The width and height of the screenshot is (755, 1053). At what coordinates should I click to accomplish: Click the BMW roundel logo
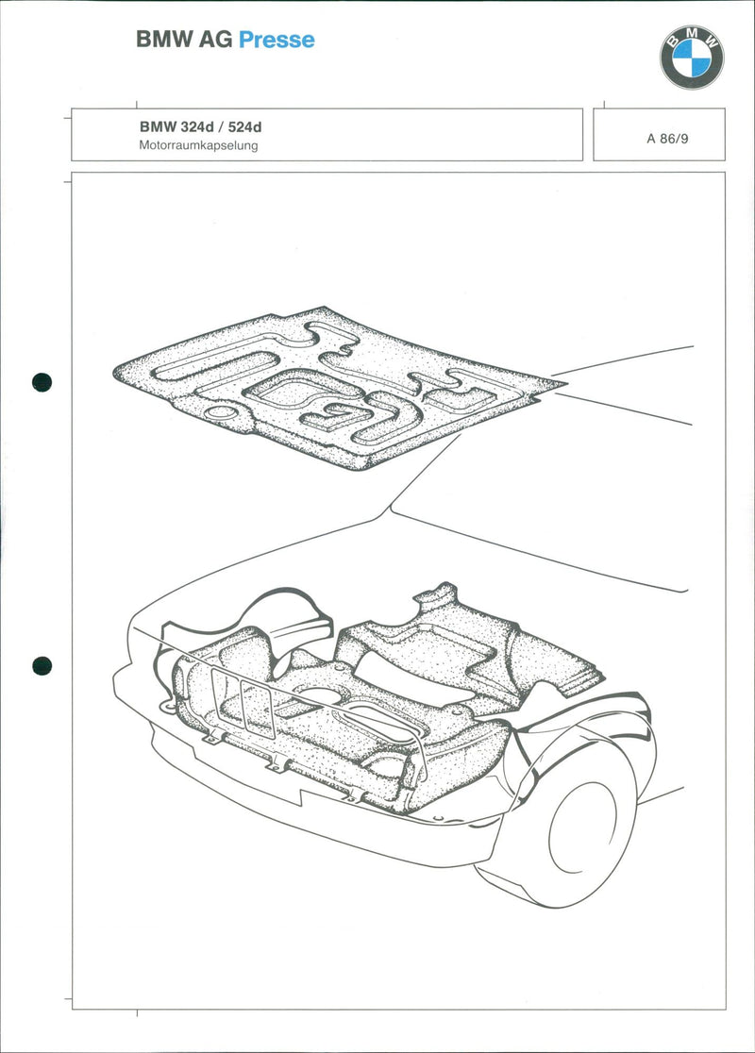[x=691, y=58]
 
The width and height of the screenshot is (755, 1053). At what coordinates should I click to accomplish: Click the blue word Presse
[x=277, y=40]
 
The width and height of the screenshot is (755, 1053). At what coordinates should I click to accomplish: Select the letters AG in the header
[x=215, y=40]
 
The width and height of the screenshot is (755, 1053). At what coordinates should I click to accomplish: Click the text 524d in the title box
[x=244, y=127]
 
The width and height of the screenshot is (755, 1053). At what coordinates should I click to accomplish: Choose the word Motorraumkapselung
[x=198, y=145]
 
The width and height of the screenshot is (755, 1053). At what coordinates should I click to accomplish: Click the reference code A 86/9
[x=667, y=139]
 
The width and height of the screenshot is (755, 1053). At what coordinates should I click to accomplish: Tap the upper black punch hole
[x=42, y=382]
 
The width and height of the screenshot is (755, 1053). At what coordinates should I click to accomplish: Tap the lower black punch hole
[x=42, y=666]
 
